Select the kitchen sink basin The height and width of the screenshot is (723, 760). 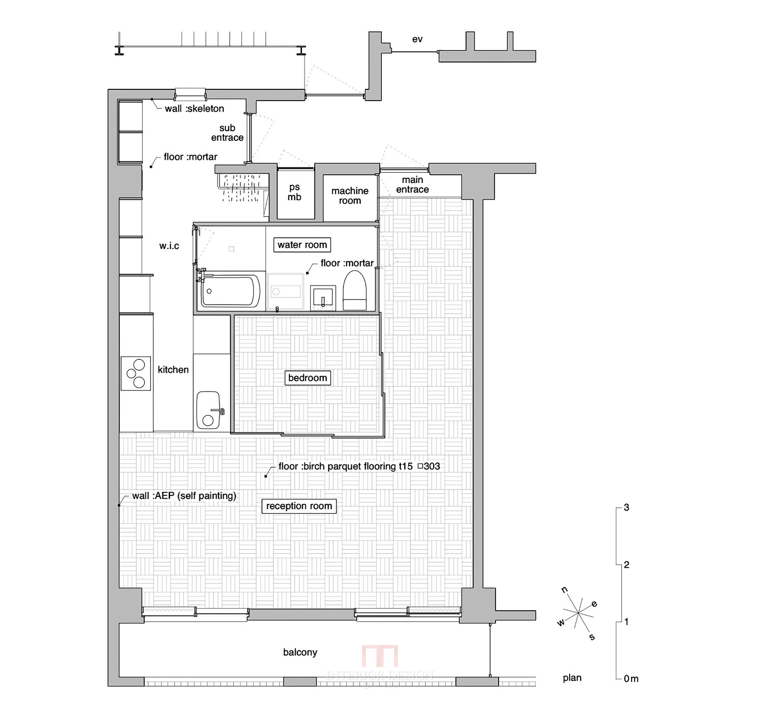tap(208, 410)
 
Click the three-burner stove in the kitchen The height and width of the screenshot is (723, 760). tap(136, 373)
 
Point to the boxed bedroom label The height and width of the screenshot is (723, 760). tap(307, 378)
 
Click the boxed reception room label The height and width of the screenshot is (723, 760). tap(299, 506)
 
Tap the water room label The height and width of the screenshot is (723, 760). tap(302, 245)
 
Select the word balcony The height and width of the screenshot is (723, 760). tap(300, 652)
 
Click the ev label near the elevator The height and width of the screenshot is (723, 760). tap(417, 39)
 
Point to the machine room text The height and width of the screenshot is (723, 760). tap(350, 195)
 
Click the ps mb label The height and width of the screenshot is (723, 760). tap(294, 192)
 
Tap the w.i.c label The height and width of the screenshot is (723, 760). tap(169, 246)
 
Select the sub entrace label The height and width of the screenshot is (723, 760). tap(227, 133)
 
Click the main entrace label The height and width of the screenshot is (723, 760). tap(412, 184)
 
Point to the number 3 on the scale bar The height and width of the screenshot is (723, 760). tap(626, 508)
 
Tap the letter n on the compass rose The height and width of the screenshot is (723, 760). tap(564, 589)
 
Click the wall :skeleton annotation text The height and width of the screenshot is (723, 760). tap(194, 109)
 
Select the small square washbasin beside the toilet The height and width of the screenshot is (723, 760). tap(323, 297)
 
